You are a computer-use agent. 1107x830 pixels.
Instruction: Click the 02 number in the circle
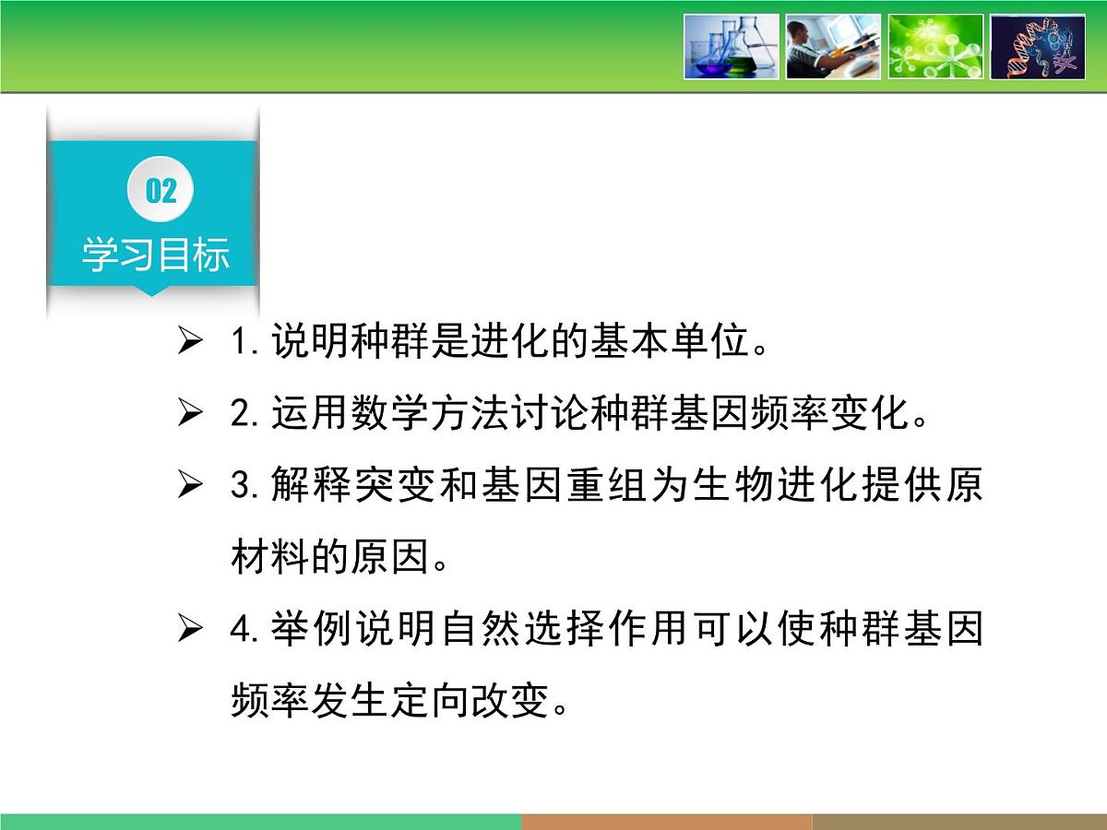pos(161,191)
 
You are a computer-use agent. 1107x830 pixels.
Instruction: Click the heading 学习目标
pos(155,255)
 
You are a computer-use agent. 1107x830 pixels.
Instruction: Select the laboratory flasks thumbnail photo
pos(731,46)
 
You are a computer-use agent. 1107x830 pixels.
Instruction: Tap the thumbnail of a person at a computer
pos(833,46)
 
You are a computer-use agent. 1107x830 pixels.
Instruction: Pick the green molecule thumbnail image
pos(935,46)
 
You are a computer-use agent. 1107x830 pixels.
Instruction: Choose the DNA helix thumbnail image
pos(1038,46)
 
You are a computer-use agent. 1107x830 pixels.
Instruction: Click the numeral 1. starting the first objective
pos(244,343)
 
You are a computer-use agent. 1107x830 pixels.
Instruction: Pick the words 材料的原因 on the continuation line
pos(330,557)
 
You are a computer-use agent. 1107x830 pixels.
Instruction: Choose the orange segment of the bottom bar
pos(666,822)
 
